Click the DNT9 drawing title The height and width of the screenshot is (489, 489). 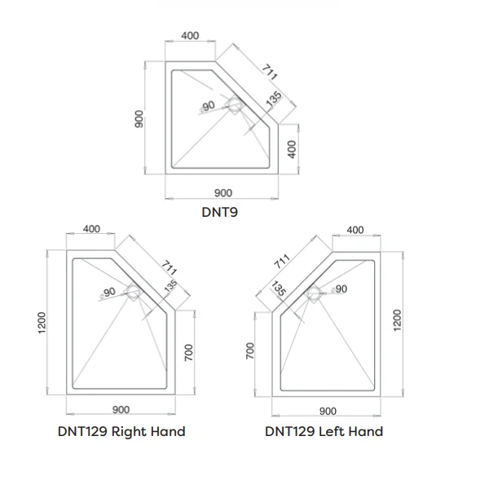coord(219,212)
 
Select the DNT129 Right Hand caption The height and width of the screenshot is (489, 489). coord(121,432)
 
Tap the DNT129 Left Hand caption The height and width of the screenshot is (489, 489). coord(324,432)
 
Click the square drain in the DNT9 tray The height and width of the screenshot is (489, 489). coord(235,105)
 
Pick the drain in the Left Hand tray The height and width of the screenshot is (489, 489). coord(314,293)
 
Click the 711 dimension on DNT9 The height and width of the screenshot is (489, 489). coord(269,73)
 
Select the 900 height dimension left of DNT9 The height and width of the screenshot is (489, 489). coord(139,119)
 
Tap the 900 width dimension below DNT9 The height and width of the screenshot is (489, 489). coord(223,193)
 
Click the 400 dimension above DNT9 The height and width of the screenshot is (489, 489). coord(190,36)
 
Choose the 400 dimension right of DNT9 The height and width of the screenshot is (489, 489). coord(292,149)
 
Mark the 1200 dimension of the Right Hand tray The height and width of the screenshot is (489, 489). coord(42,323)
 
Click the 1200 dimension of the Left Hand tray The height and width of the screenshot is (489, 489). coord(397,320)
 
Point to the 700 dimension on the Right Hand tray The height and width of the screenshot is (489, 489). coord(189,353)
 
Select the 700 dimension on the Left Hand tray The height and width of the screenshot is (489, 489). coord(250,350)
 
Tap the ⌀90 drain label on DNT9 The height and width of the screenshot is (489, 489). coord(208,106)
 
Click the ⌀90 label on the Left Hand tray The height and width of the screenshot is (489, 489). coord(339,289)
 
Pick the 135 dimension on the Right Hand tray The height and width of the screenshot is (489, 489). coord(170,286)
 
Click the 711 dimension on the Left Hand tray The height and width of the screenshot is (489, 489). coord(282,262)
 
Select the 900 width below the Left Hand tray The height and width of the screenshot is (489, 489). coord(328,412)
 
